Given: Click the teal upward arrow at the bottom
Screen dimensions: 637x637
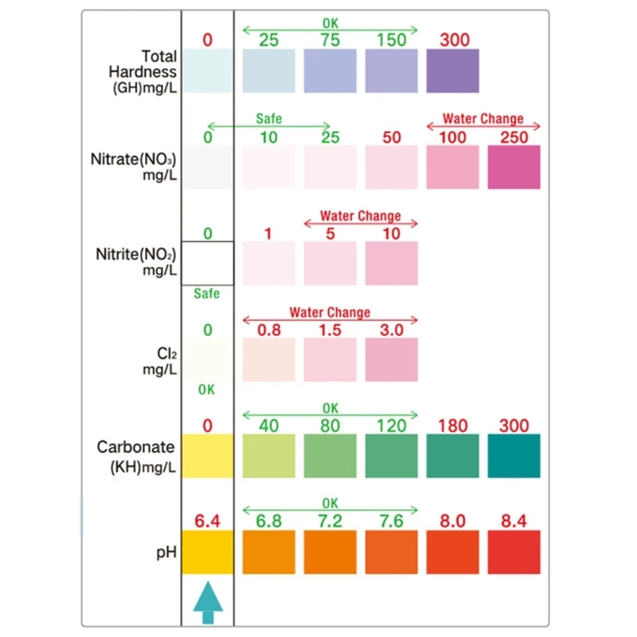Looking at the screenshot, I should click(208, 602).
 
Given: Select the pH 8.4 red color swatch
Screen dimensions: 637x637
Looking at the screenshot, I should click(514, 552).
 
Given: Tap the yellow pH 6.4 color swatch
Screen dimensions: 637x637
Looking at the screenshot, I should click(208, 552).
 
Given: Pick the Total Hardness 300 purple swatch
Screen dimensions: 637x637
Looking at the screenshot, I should click(452, 71).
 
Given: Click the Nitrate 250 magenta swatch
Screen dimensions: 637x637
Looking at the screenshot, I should click(514, 167).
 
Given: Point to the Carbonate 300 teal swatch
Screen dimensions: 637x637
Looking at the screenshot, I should click(514, 455).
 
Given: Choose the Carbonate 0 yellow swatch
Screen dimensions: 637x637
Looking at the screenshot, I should click(208, 455).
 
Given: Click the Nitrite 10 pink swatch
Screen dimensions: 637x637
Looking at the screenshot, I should click(391, 264).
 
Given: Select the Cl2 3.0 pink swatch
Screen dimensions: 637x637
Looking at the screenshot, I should click(391, 360).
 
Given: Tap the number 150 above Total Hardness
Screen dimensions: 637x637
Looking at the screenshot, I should click(391, 40).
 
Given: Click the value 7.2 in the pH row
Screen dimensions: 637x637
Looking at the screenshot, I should click(330, 521).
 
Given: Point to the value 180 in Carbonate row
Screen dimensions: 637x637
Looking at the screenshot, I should click(452, 425).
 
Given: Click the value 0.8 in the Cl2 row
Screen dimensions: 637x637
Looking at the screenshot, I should click(268, 329).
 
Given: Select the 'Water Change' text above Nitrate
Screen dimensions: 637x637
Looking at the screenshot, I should click(483, 119).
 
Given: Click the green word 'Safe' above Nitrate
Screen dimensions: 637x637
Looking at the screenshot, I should click(268, 119).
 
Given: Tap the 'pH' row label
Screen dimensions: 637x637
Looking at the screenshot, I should click(166, 551).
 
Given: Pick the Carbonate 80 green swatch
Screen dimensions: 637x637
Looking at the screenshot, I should click(330, 455).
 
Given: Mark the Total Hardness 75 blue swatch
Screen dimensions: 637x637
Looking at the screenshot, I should click(330, 71).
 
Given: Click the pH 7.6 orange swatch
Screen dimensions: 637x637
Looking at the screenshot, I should click(391, 552).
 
